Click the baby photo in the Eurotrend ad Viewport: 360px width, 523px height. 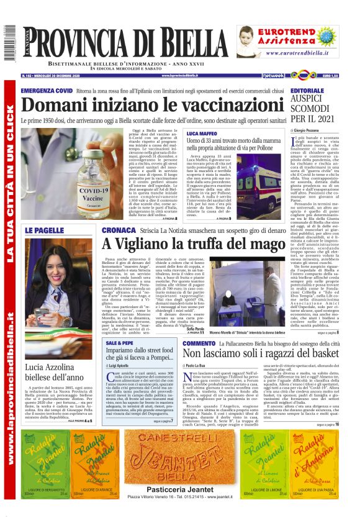250,42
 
